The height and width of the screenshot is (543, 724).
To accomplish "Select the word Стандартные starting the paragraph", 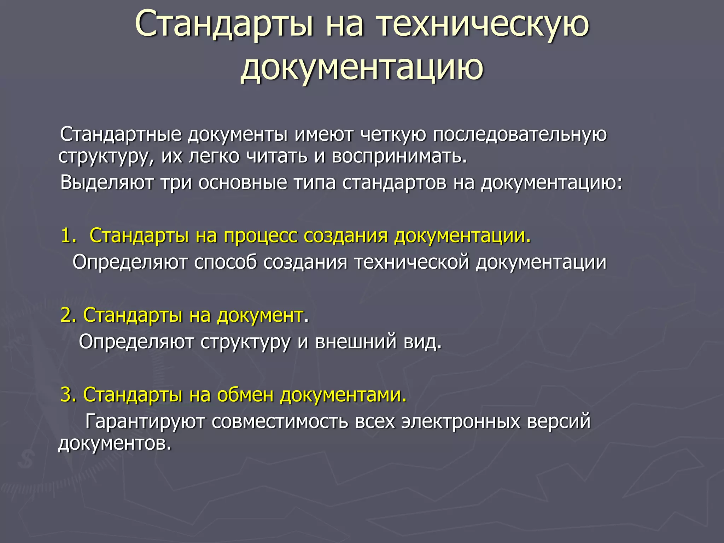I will click(x=121, y=134).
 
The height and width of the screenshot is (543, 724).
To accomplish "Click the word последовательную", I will click(x=520, y=134).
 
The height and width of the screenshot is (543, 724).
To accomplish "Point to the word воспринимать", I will click(x=399, y=157).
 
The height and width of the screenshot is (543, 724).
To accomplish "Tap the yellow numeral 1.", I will click(x=68, y=235).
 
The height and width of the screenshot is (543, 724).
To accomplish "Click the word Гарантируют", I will click(x=145, y=421).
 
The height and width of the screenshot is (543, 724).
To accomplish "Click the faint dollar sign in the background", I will click(x=25, y=460).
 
